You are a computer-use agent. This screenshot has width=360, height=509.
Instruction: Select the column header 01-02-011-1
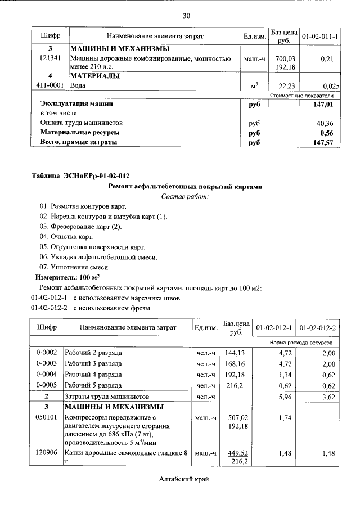pos(319,36)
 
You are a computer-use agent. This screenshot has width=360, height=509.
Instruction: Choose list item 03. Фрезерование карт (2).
pos(80,227)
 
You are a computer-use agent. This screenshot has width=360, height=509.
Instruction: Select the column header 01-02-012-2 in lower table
pos(318,327)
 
